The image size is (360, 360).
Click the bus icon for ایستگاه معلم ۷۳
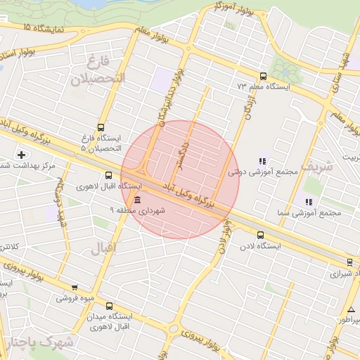pyautogui.click(x=264, y=77)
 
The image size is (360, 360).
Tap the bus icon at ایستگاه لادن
pyautogui.click(x=261, y=235)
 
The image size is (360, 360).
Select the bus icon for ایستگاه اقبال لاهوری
pyautogui.click(x=108, y=176)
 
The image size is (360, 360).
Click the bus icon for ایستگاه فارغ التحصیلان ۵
pyautogui.click(x=101, y=128)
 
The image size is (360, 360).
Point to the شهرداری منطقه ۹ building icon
pyautogui.click(x=136, y=200)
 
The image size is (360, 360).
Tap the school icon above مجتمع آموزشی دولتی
pyautogui.click(x=263, y=161)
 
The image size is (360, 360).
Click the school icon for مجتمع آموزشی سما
pyautogui.click(x=309, y=202)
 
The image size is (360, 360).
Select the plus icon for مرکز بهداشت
pyautogui.click(x=22, y=155)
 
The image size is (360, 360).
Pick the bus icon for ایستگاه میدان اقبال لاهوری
pyautogui.click(x=109, y=306)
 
